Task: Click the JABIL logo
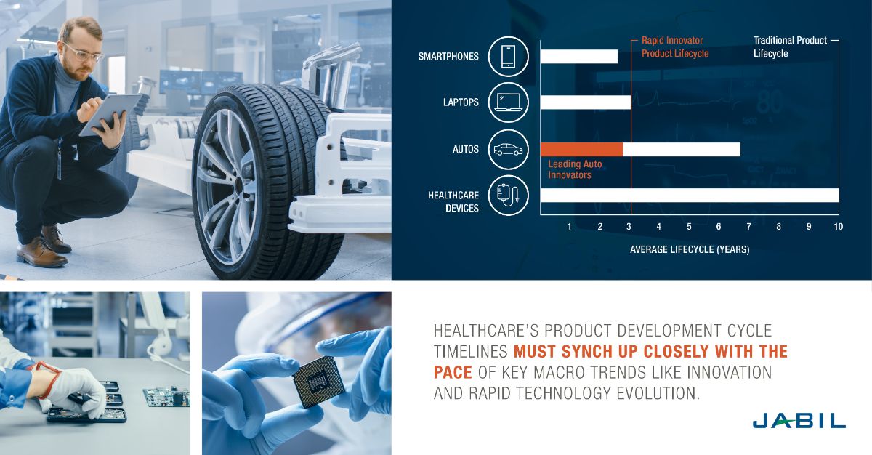coord(799,421)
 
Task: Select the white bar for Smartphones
coord(579,57)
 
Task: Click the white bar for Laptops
coord(586,102)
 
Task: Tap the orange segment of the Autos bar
coord(581,149)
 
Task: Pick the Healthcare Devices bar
coord(690,195)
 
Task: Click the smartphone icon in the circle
coord(508,57)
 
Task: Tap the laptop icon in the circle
coord(508,102)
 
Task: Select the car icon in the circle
coord(508,149)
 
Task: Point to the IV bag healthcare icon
coord(508,195)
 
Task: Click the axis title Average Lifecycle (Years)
coord(690,250)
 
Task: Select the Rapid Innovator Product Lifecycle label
coord(674,47)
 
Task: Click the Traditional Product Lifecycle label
coord(790,47)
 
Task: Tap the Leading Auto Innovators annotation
coord(575,169)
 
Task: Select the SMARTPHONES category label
coord(448,57)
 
